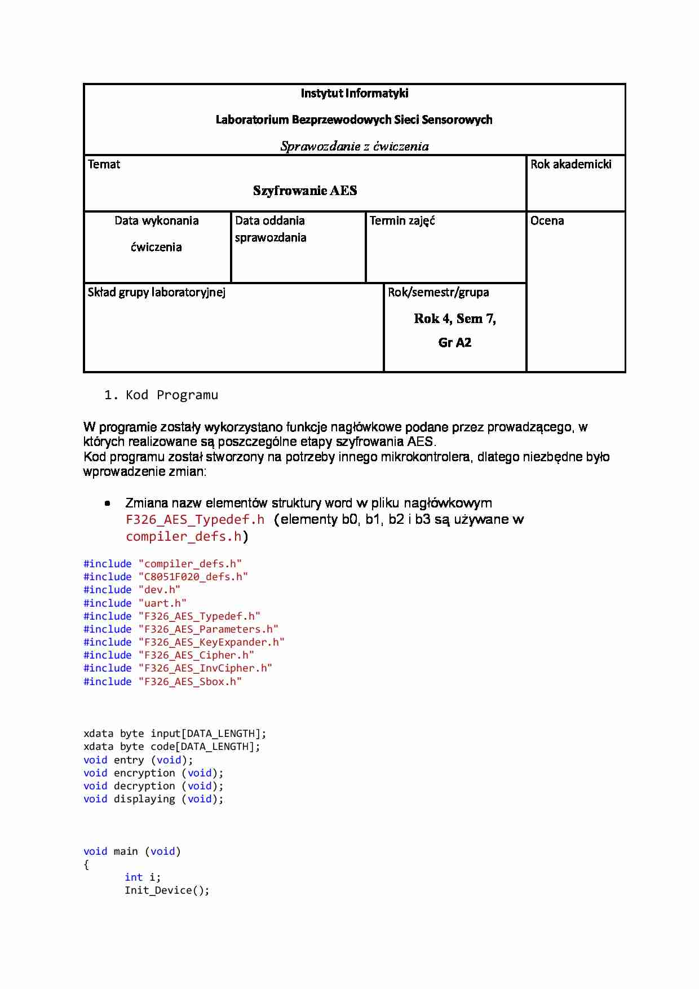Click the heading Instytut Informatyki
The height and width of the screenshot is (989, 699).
354,94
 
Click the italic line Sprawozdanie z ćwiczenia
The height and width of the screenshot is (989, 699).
354,147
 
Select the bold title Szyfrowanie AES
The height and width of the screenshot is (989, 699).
304,191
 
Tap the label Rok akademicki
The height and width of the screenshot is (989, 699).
570,165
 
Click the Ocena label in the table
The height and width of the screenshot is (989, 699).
547,221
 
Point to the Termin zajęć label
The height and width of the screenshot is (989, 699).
402,221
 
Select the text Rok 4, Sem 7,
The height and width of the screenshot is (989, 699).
454,319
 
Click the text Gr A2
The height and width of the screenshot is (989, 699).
454,343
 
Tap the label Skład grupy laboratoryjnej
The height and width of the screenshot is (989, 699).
156,292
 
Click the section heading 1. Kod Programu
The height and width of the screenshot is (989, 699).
161,395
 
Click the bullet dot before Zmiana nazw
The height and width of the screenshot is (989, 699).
107,504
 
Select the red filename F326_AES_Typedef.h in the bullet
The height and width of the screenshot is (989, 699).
195,520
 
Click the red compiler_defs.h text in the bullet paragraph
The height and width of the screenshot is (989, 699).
184,537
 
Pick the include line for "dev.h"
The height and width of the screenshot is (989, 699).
131,590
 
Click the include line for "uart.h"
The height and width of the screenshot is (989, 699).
135,603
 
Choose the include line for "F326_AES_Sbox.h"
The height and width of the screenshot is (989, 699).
162,682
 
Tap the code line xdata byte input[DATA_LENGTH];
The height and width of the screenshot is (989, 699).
175,734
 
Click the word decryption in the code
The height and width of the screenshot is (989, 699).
144,786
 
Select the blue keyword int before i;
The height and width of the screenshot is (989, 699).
134,877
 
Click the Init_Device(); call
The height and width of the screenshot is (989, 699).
167,890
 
